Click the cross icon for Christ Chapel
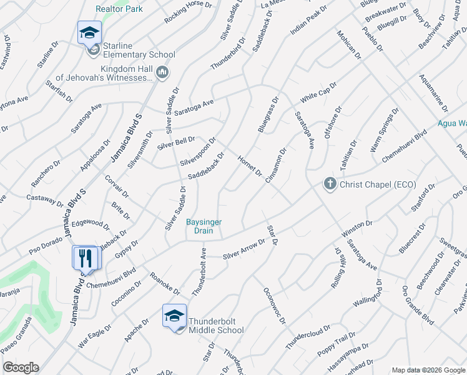tap(329, 184)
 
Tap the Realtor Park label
tap(119, 9)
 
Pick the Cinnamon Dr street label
tap(275, 165)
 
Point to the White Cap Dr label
tap(318, 92)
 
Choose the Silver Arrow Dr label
tap(244, 249)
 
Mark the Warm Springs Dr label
tap(384, 129)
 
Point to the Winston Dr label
tap(356, 229)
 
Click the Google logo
tap(21, 367)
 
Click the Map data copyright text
tap(428, 370)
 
